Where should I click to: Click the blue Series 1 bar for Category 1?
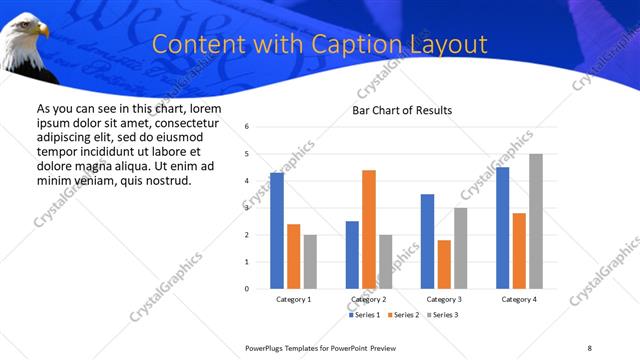[x=277, y=231]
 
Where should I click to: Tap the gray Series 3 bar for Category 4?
[x=536, y=221]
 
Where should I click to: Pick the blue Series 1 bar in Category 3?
[x=427, y=241]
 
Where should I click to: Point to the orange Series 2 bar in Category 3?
[x=444, y=264]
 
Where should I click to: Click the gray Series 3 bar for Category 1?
[x=310, y=262]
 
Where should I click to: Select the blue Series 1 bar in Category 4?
[x=502, y=228]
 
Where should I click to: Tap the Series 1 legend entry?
[x=363, y=315]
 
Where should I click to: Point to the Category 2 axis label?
[x=369, y=299]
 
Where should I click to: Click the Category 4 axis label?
[x=519, y=299]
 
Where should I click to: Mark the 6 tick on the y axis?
[x=246, y=127]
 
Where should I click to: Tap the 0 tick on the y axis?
[x=246, y=289]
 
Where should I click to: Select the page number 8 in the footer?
[x=589, y=347]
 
